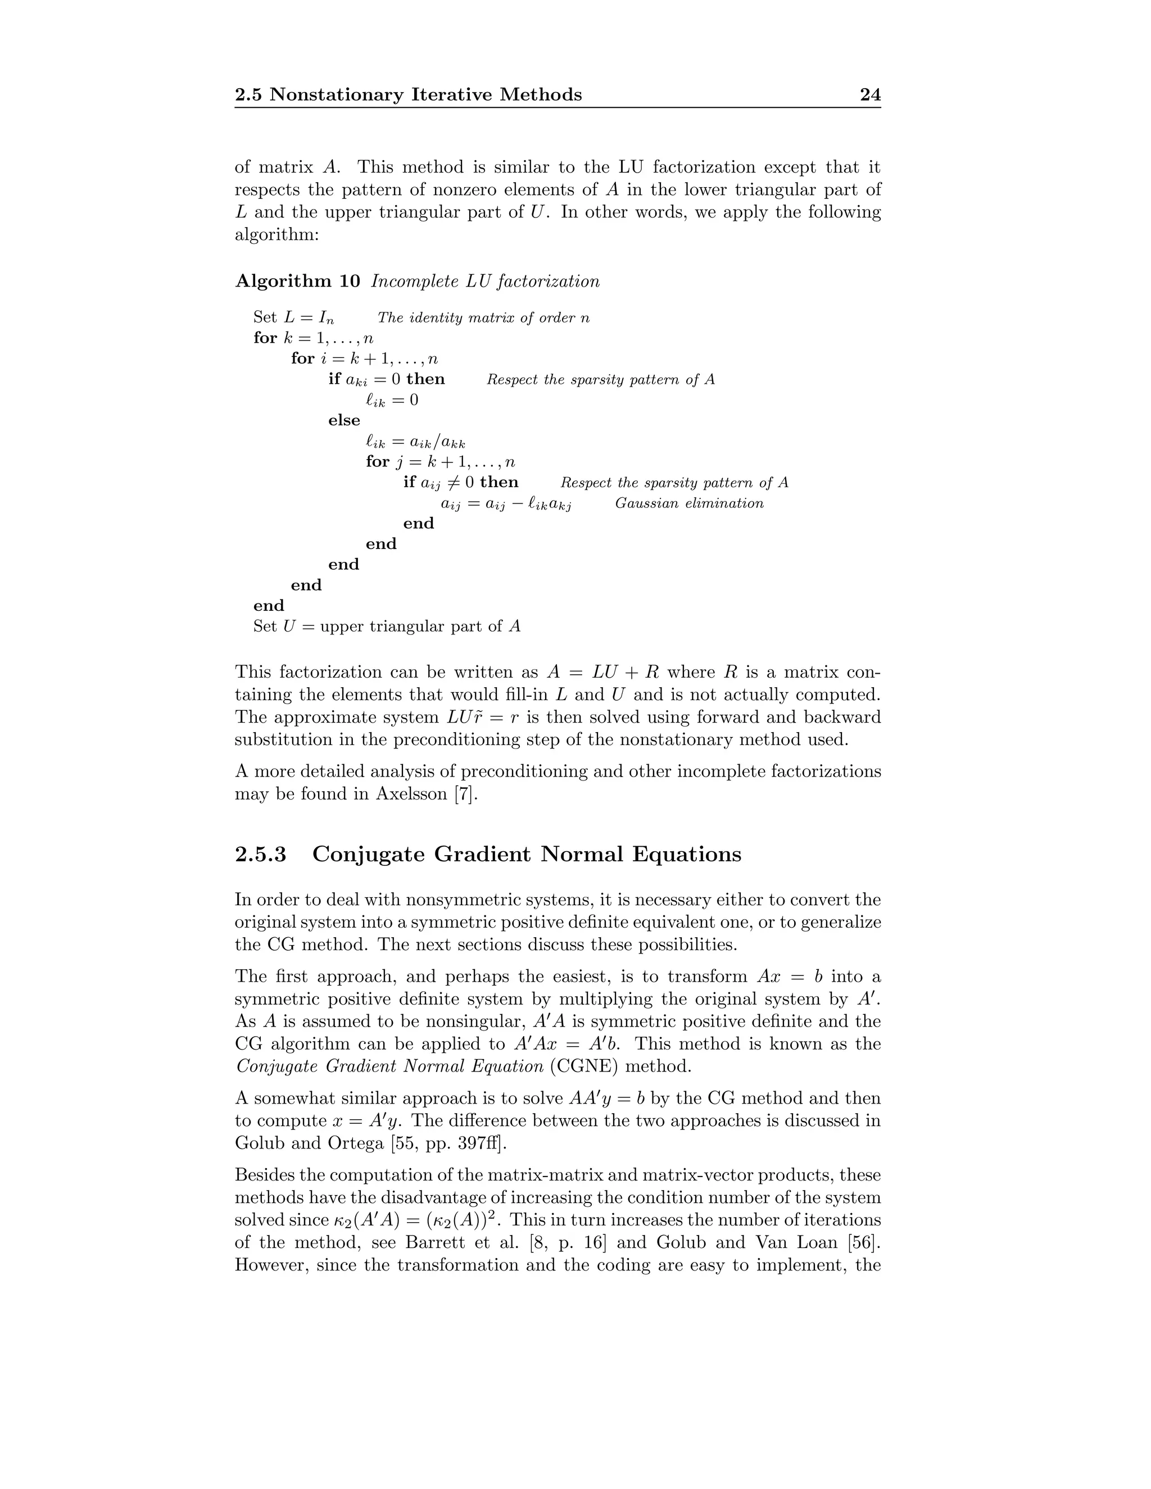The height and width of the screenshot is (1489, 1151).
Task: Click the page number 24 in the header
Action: [870, 95]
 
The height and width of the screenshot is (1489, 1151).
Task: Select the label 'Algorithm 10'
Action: [297, 281]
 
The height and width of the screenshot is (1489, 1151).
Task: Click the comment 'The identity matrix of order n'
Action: [483, 317]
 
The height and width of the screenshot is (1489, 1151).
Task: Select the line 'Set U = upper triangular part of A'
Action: [387, 627]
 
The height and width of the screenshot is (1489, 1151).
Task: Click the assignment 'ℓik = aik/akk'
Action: [415, 442]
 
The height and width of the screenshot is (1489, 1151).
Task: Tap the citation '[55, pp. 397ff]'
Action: [448, 1143]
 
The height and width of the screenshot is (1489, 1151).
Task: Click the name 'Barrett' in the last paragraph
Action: [435, 1242]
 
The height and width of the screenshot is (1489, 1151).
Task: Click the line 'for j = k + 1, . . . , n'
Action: [440, 462]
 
